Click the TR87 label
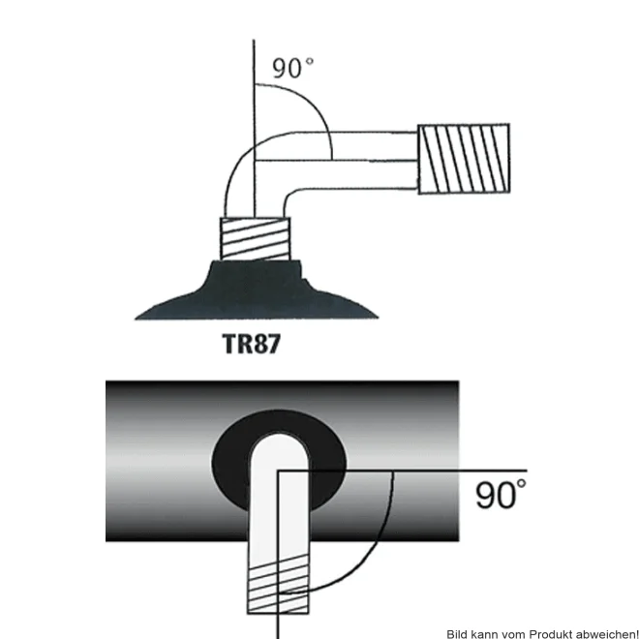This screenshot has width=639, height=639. pos(252,344)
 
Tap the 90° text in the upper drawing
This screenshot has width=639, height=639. pos(293,68)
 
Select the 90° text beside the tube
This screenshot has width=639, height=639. pos(501,494)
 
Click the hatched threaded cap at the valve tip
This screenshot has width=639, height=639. pos(464,159)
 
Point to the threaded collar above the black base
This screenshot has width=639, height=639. pos(256,239)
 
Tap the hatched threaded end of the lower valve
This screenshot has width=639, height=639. pos(278,584)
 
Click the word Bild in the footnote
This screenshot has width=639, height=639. pos(456,634)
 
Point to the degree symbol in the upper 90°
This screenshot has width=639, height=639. pos(310,61)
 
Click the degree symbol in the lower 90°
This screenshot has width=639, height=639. pos(521,484)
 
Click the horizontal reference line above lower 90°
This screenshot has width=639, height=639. pos(403,472)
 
